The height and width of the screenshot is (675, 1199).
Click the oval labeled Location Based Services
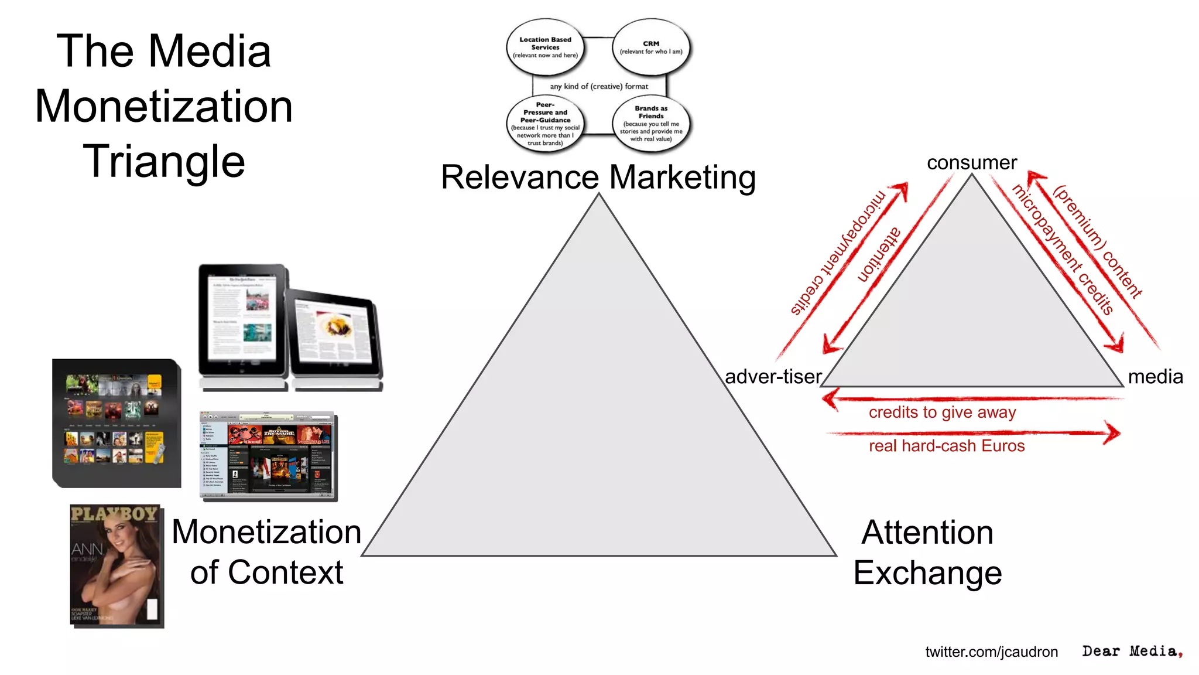click(545, 47)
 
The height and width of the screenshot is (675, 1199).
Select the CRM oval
click(651, 47)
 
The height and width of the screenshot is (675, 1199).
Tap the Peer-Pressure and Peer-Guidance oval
click(545, 124)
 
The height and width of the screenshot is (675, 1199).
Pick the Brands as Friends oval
click(651, 124)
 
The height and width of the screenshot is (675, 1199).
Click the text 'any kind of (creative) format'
click(599, 86)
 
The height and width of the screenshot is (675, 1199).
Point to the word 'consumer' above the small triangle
click(972, 162)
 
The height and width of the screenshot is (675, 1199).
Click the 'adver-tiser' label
click(773, 376)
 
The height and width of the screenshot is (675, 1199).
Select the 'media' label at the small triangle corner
click(1155, 376)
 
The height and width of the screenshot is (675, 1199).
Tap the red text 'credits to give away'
click(942, 412)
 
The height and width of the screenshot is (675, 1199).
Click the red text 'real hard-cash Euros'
click(947, 446)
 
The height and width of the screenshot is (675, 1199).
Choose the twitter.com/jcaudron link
click(991, 652)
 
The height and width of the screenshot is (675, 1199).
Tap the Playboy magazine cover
click(117, 565)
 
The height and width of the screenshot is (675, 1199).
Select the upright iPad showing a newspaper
click(243, 322)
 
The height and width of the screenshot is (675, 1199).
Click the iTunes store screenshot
click(268, 456)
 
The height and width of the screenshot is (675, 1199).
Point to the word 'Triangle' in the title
click(164, 161)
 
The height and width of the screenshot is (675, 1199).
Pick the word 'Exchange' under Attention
click(927, 572)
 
